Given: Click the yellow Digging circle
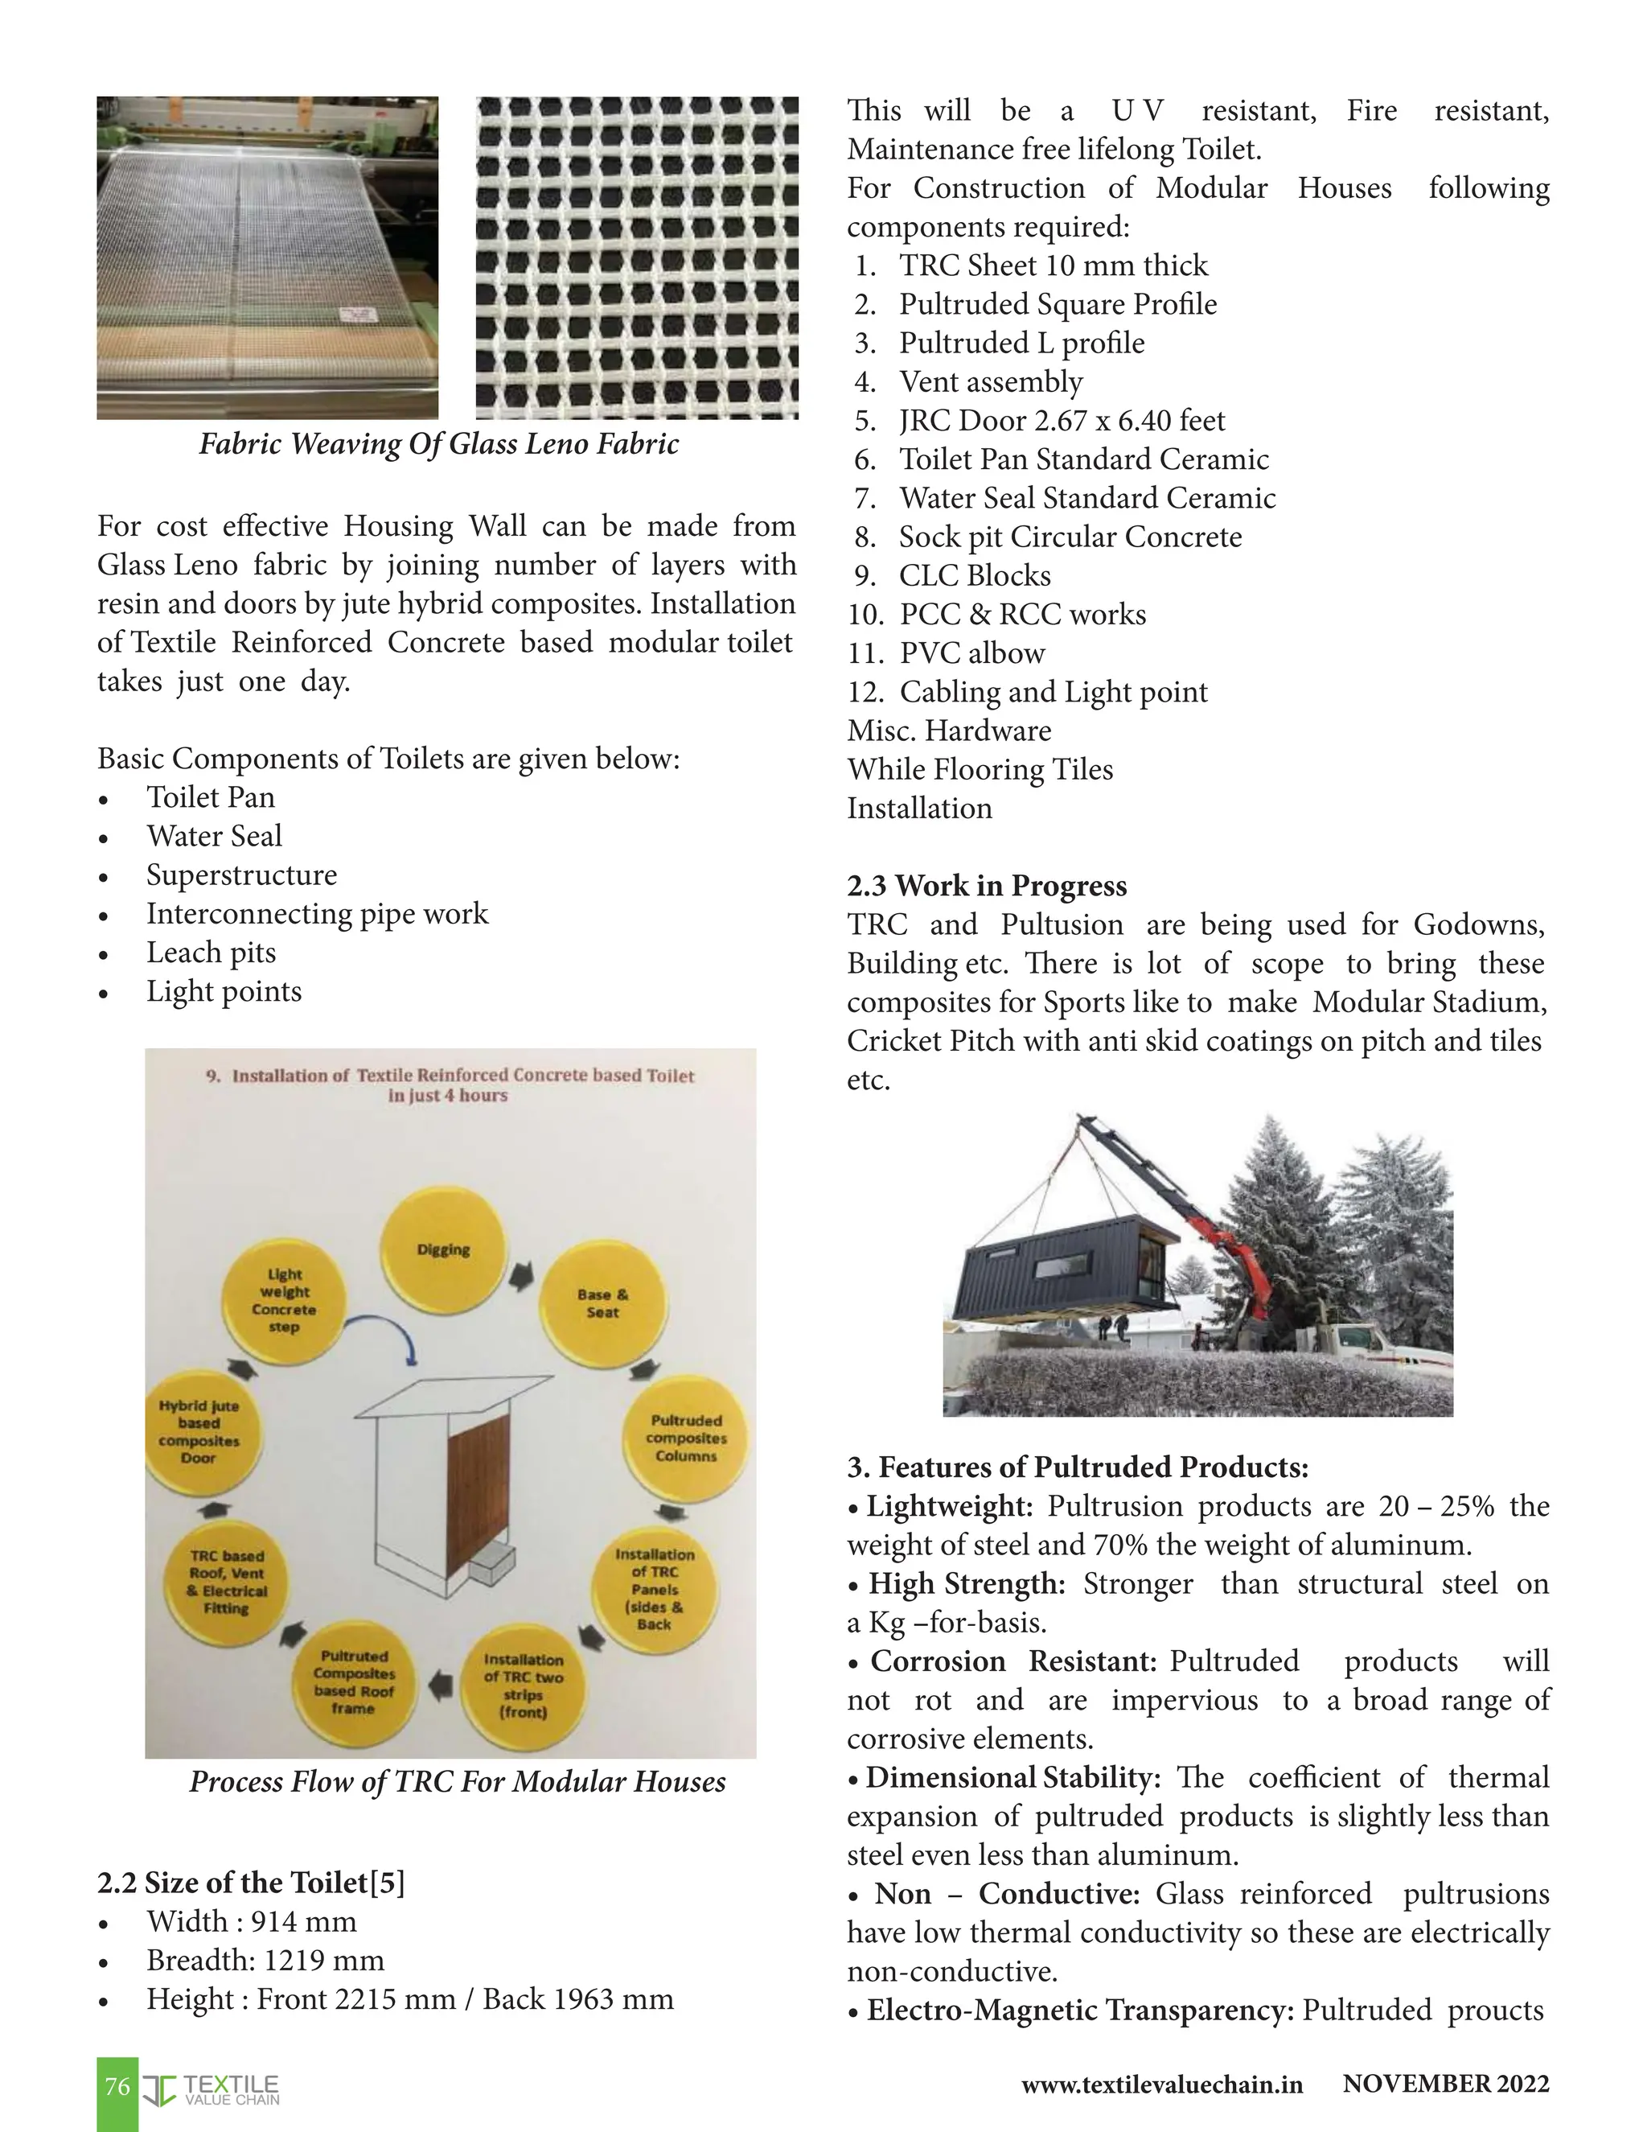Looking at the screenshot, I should point(444,1249).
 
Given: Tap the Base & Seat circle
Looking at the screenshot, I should point(602,1303).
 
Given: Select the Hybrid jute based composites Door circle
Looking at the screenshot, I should point(200,1432).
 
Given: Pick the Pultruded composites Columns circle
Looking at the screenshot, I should point(686,1438).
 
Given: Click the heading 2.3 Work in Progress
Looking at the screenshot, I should point(987,886).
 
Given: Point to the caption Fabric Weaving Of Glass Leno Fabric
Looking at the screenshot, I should point(439,444).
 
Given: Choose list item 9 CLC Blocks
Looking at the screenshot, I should point(974,576).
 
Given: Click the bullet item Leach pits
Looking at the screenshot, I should point(211,953).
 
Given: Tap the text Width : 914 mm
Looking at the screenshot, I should point(252,1921).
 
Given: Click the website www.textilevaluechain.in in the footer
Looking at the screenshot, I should point(1161,2085).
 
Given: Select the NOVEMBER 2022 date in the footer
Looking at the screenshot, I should point(1445,2083).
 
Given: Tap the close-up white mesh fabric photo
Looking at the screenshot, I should point(636,257).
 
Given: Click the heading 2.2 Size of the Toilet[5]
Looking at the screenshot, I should point(251,1882).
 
